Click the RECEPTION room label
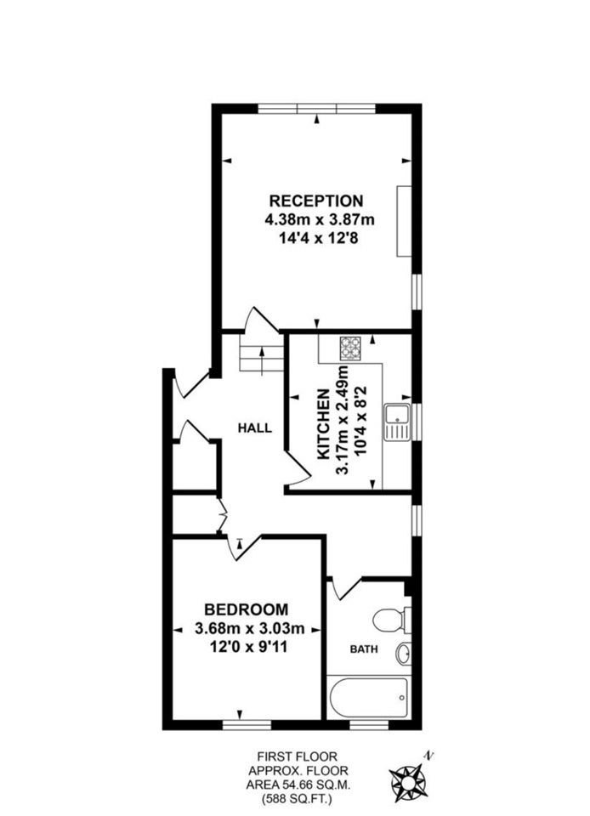pos(315,201)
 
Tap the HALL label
pos(255,428)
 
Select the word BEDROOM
pos(247,609)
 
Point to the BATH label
pos(364,649)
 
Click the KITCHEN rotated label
pos(323,424)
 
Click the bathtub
pos(368,697)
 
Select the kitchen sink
pos(398,422)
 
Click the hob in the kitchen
pos(350,348)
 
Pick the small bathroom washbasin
pos(404,654)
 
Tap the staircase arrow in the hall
pos(262,360)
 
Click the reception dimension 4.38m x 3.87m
pos(320,219)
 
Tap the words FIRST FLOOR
pos(298,756)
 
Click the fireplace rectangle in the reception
pos(405,221)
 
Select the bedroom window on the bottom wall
pos(247,725)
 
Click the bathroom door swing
pos(344,588)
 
